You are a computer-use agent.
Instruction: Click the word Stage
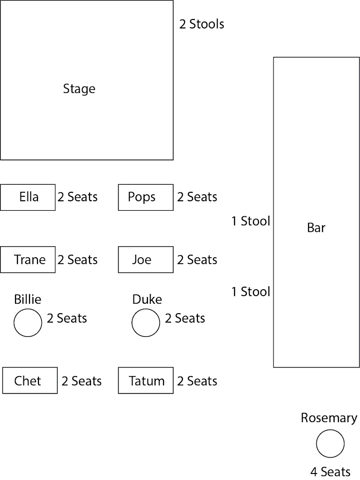pyautogui.click(x=79, y=89)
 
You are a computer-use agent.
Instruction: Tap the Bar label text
pyautogui.click(x=316, y=228)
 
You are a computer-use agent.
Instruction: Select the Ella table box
pyautogui.click(x=28, y=197)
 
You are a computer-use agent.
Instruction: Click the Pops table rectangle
pyautogui.click(x=145, y=197)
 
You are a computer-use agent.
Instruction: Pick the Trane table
pyautogui.click(x=28, y=260)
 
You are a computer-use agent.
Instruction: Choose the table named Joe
pyautogui.click(x=145, y=260)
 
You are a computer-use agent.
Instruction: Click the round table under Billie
pyautogui.click(x=27, y=323)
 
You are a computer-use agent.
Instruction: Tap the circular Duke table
pyautogui.click(x=145, y=323)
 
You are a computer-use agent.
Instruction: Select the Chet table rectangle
pyautogui.click(x=29, y=380)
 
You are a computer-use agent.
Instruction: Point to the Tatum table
pyautogui.click(x=145, y=380)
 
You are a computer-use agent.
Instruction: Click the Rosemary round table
pyautogui.click(x=330, y=444)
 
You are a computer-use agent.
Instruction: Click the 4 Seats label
pyautogui.click(x=330, y=472)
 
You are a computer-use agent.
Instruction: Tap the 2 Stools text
pyautogui.click(x=201, y=24)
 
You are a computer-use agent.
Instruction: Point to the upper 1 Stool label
pyautogui.click(x=250, y=221)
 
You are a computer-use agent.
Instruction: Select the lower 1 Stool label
pyautogui.click(x=250, y=292)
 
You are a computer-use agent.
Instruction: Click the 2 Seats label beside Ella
pyautogui.click(x=77, y=197)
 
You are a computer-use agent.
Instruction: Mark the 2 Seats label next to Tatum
pyautogui.click(x=197, y=381)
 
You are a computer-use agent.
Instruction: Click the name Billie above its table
pyautogui.click(x=27, y=299)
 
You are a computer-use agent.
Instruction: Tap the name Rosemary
pyautogui.click(x=329, y=419)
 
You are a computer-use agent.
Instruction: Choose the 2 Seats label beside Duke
pyautogui.click(x=185, y=318)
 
